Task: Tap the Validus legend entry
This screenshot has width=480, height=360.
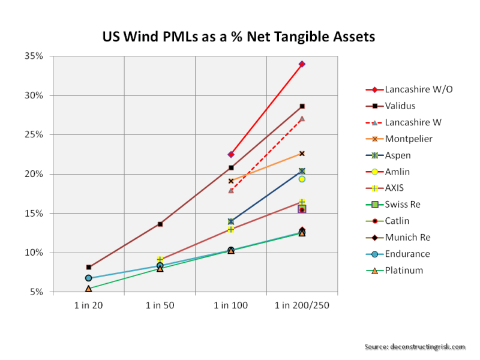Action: [401, 106]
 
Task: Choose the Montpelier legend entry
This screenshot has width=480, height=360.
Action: [409, 139]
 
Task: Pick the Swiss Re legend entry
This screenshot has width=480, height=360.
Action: [403, 205]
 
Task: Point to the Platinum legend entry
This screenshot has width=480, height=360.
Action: [404, 271]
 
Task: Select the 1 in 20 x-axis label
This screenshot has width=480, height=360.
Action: [88, 305]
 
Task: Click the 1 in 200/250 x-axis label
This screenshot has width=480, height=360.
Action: [302, 305]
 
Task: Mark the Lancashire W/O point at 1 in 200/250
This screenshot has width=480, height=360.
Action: [302, 64]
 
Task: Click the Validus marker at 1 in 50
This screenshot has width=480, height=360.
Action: [160, 224]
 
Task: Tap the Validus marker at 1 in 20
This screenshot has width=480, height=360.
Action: [89, 267]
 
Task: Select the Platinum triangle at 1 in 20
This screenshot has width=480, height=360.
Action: [88, 289]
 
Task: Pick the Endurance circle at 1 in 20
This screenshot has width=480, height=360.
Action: [88, 278]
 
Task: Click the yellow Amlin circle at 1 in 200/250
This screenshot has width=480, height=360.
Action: [302, 179]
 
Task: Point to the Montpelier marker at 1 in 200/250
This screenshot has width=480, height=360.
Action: [302, 154]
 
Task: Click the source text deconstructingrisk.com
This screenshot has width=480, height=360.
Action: [415, 347]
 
